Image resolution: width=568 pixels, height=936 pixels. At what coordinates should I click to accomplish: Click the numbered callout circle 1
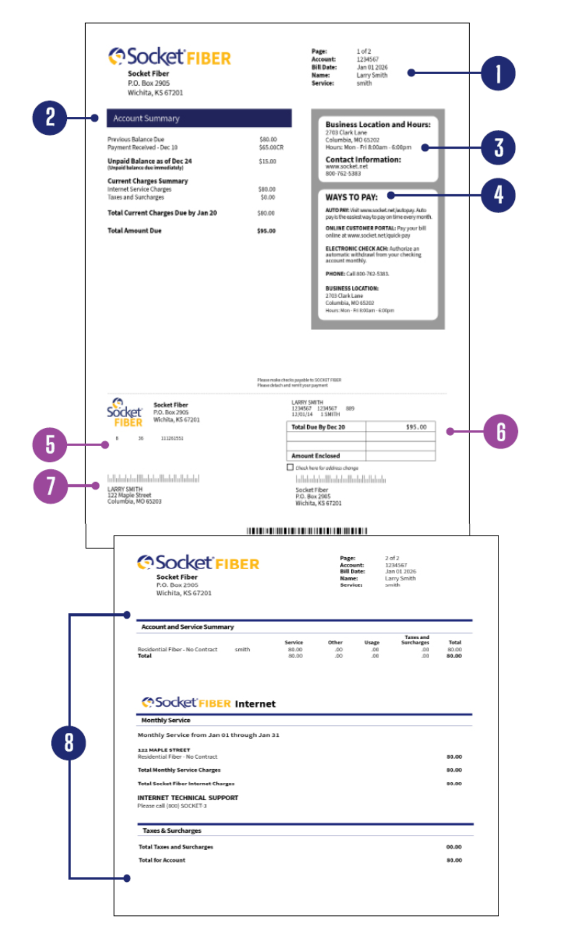pyautogui.click(x=498, y=73)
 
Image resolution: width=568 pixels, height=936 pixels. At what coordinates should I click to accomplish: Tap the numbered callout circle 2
pyautogui.click(x=50, y=117)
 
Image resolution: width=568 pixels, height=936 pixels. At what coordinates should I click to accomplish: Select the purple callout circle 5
pyautogui.click(x=50, y=445)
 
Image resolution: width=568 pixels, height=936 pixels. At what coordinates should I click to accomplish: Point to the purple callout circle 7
pyautogui.click(x=50, y=486)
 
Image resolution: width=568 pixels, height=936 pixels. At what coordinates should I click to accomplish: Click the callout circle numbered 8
pyautogui.click(x=68, y=742)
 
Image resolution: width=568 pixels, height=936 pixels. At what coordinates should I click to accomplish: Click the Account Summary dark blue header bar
pyautogui.click(x=199, y=118)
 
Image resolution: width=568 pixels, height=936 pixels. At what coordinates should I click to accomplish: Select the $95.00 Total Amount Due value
pyautogui.click(x=266, y=231)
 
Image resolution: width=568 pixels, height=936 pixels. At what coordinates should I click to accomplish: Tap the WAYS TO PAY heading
pyautogui.click(x=351, y=197)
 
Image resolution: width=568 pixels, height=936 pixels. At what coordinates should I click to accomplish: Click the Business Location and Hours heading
pyautogui.click(x=378, y=125)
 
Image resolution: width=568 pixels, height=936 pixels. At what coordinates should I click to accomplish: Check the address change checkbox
pyautogui.click(x=290, y=467)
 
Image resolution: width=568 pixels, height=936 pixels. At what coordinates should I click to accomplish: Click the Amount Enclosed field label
pyautogui.click(x=316, y=456)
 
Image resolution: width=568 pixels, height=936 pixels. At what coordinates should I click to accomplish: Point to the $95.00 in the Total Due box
pyautogui.click(x=416, y=427)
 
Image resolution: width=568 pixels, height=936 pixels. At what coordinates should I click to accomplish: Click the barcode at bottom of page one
pyautogui.click(x=307, y=530)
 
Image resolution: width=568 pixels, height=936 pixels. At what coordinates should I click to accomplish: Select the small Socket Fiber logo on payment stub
pyautogui.click(x=125, y=413)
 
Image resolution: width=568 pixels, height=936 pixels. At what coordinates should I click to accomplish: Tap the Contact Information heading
pyautogui.click(x=363, y=159)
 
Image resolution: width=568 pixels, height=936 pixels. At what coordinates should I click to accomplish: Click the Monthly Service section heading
pyautogui.click(x=166, y=720)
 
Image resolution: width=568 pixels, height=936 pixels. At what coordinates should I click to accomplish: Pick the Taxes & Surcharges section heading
pyautogui.click(x=172, y=831)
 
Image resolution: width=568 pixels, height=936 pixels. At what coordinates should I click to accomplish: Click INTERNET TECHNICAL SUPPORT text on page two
pyautogui.click(x=188, y=798)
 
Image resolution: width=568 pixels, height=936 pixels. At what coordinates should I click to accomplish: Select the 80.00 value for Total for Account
pyautogui.click(x=454, y=860)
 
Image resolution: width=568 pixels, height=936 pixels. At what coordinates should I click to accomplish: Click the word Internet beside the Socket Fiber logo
pyautogui.click(x=255, y=704)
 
